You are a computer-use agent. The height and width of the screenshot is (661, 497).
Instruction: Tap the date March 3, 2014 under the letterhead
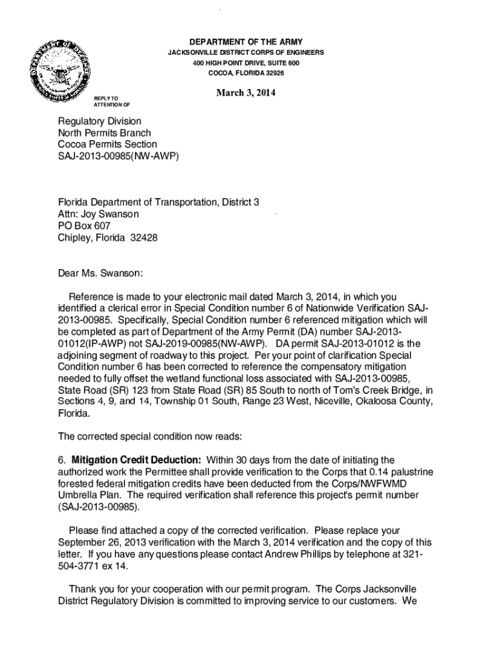tap(245, 92)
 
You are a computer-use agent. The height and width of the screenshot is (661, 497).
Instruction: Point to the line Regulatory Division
tap(99, 121)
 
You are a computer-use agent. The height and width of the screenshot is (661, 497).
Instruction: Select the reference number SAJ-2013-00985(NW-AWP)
tap(118, 156)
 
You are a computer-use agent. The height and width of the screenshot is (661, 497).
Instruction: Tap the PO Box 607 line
tap(84, 226)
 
